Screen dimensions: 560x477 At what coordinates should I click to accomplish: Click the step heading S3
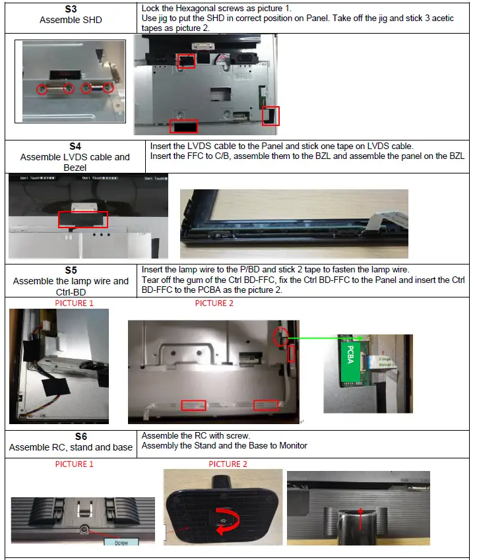pos(71,10)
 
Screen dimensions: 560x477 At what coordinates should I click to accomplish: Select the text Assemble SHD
pos(71,20)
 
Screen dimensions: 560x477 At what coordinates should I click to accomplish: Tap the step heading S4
pos(75,146)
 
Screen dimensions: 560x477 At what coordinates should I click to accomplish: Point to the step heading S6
pos(71,437)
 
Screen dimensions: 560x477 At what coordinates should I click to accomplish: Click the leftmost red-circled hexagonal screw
pos(42,88)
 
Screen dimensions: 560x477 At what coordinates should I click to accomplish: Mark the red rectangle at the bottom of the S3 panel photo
pos(183,125)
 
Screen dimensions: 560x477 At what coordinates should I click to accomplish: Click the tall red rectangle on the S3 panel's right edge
pos(271,116)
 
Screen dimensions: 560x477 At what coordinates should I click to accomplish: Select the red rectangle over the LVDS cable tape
pos(82,220)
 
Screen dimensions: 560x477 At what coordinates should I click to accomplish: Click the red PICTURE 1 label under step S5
pos(74,303)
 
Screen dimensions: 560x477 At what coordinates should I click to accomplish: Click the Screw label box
pos(121,542)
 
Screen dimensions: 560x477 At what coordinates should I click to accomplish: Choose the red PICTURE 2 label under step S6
pos(228,464)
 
